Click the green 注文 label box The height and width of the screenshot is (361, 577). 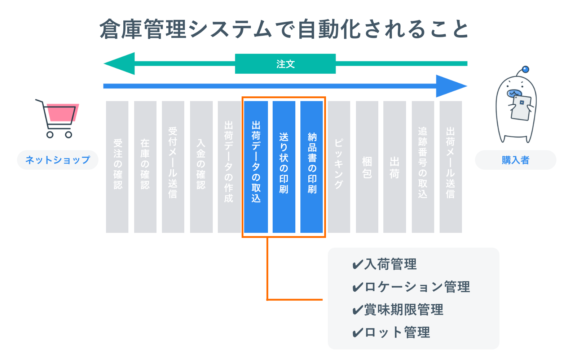click(x=285, y=64)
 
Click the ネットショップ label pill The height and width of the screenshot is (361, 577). click(x=58, y=160)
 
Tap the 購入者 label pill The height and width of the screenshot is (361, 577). click(x=515, y=160)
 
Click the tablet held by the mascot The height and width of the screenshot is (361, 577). click(x=521, y=108)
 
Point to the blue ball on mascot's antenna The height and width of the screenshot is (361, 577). click(x=525, y=69)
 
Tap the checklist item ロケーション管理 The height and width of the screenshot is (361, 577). click(x=411, y=287)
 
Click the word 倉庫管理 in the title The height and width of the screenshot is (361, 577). click(x=142, y=29)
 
